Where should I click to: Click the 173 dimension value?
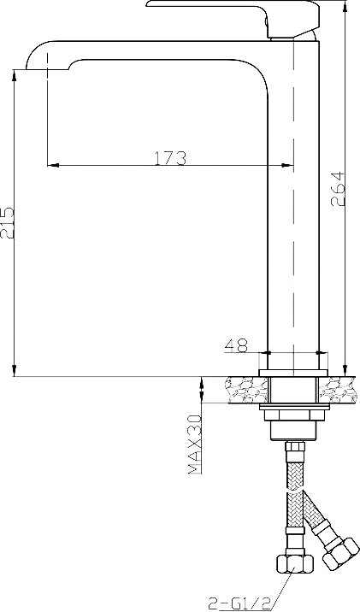click(170, 157)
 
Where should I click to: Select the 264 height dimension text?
click(338, 189)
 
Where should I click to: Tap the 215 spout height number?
click(7, 223)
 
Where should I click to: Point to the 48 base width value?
click(236, 345)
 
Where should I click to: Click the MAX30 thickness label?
click(195, 444)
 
